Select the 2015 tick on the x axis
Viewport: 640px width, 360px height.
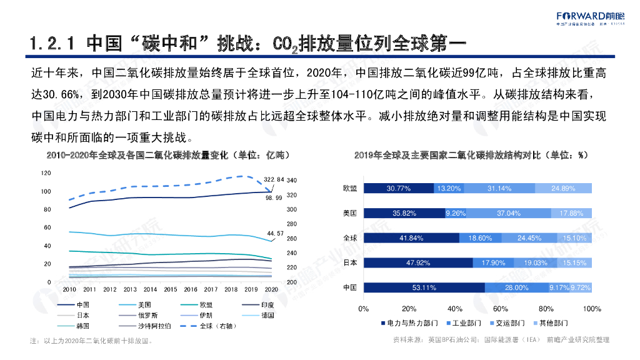(x=171, y=289)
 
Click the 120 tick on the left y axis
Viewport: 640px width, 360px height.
(x=46, y=172)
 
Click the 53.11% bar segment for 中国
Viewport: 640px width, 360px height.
(x=424, y=287)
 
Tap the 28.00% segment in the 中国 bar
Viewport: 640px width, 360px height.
(x=516, y=287)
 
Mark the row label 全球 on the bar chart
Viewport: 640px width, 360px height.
(x=349, y=238)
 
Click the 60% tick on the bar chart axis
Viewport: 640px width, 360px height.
(x=501, y=309)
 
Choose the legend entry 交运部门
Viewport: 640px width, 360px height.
(x=502, y=324)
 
